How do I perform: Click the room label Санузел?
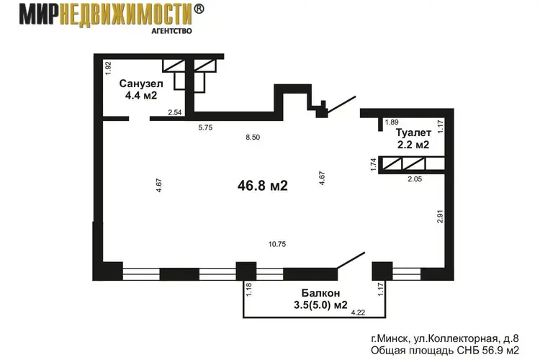[141, 84]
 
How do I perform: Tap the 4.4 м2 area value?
[141, 96]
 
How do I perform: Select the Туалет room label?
[413, 132]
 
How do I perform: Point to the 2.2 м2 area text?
[413, 145]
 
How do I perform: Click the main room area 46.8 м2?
[262, 186]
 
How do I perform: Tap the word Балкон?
[320, 293]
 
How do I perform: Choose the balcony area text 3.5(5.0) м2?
[320, 305]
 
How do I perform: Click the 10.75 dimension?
[277, 244]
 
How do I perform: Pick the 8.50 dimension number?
[253, 138]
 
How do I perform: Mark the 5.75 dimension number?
[205, 127]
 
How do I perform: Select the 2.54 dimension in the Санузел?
[175, 112]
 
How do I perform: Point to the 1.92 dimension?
[109, 68]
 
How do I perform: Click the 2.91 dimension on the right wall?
[440, 216]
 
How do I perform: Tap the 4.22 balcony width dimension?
[358, 312]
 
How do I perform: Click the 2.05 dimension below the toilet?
[415, 179]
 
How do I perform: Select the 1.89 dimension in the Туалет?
[392, 122]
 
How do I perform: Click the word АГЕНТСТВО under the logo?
[171, 31]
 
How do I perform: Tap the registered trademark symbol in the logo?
[199, 9]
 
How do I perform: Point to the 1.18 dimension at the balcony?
[249, 289]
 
